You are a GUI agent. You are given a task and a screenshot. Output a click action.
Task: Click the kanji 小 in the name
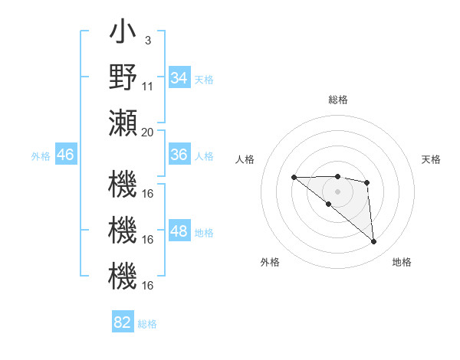123,34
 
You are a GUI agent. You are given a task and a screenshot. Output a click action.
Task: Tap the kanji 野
123,77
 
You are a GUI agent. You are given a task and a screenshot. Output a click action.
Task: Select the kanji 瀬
123,123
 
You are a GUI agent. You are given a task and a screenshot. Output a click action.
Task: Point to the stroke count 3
147,39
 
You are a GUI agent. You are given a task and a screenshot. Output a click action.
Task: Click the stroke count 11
148,86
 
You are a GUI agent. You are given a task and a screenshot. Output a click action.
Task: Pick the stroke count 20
148,131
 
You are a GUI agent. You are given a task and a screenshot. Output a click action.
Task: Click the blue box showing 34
179,78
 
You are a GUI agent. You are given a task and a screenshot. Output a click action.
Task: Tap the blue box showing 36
179,155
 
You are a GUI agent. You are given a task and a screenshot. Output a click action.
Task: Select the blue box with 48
179,232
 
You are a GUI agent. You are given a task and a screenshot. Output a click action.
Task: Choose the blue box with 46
66,155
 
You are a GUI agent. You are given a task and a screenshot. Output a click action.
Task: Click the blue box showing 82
123,322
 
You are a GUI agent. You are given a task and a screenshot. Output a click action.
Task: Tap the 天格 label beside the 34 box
204,79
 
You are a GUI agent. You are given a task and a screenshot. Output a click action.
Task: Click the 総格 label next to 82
147,323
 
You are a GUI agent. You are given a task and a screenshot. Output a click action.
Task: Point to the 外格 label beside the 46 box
41,155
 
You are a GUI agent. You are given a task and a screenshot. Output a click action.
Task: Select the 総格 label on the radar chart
337,100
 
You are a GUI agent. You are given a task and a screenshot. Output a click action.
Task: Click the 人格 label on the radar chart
245,159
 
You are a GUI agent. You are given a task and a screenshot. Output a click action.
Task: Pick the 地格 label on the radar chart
402,262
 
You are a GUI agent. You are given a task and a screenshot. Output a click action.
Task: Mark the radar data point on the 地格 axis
374,242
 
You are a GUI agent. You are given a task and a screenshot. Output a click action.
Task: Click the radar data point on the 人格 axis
294,178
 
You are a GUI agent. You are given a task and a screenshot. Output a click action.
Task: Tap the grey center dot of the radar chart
337,191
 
